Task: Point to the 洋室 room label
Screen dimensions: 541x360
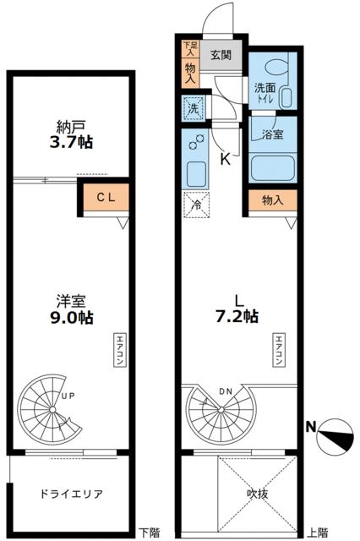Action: (70, 301)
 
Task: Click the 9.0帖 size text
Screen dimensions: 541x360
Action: (70, 318)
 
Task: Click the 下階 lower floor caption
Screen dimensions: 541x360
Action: (150, 533)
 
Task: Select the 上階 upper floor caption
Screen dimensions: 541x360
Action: (319, 533)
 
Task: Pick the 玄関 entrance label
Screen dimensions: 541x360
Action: (220, 56)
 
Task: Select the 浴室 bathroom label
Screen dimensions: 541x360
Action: (272, 134)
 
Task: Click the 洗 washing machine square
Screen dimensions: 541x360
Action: (192, 108)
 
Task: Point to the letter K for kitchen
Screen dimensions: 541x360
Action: (226, 158)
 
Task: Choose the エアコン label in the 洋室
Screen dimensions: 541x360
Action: (117, 349)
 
